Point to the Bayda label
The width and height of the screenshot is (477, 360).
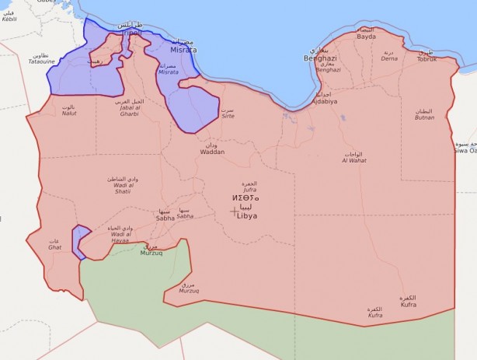point(366,37)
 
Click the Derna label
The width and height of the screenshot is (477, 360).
point(388,58)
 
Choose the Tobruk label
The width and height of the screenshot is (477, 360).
point(427,59)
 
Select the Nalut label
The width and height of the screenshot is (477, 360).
point(69,114)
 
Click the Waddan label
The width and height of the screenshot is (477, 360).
point(212,152)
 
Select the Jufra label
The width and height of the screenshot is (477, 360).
point(249,189)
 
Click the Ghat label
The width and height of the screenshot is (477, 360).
point(54,246)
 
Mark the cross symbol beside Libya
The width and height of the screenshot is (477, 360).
point(235,211)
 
